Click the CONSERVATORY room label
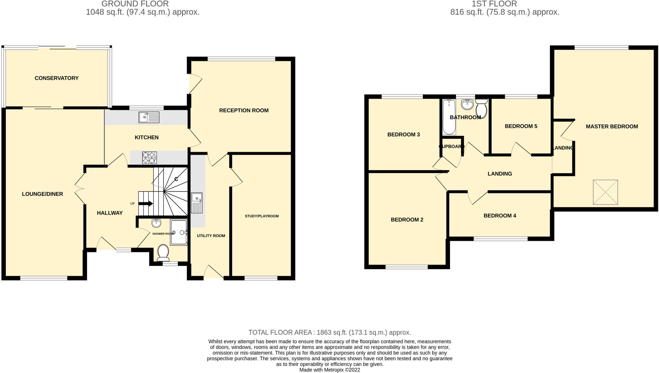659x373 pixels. pos(57,78)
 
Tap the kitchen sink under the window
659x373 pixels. pos(149,117)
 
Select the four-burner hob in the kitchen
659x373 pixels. pos(149,158)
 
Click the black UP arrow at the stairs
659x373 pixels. pos(148,204)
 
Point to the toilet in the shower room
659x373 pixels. pos(163,253)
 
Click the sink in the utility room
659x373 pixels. pos(197,203)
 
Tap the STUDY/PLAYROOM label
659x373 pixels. pos(262,216)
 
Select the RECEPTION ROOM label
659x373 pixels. pos(244,110)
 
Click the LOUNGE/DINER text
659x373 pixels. pos(42,194)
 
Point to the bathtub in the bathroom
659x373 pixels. pos(449,117)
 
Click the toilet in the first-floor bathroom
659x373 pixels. pos(481,108)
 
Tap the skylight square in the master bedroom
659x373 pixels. pos(605,192)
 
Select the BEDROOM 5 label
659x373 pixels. pos(521,126)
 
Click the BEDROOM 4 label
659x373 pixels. pos(500,215)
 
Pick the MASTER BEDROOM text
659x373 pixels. pos(612,127)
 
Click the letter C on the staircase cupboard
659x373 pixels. pos(176,179)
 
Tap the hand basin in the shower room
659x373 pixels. pos(156,223)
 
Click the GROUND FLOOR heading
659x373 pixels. pos(135,4)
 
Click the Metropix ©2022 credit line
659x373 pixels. pos(329,370)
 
